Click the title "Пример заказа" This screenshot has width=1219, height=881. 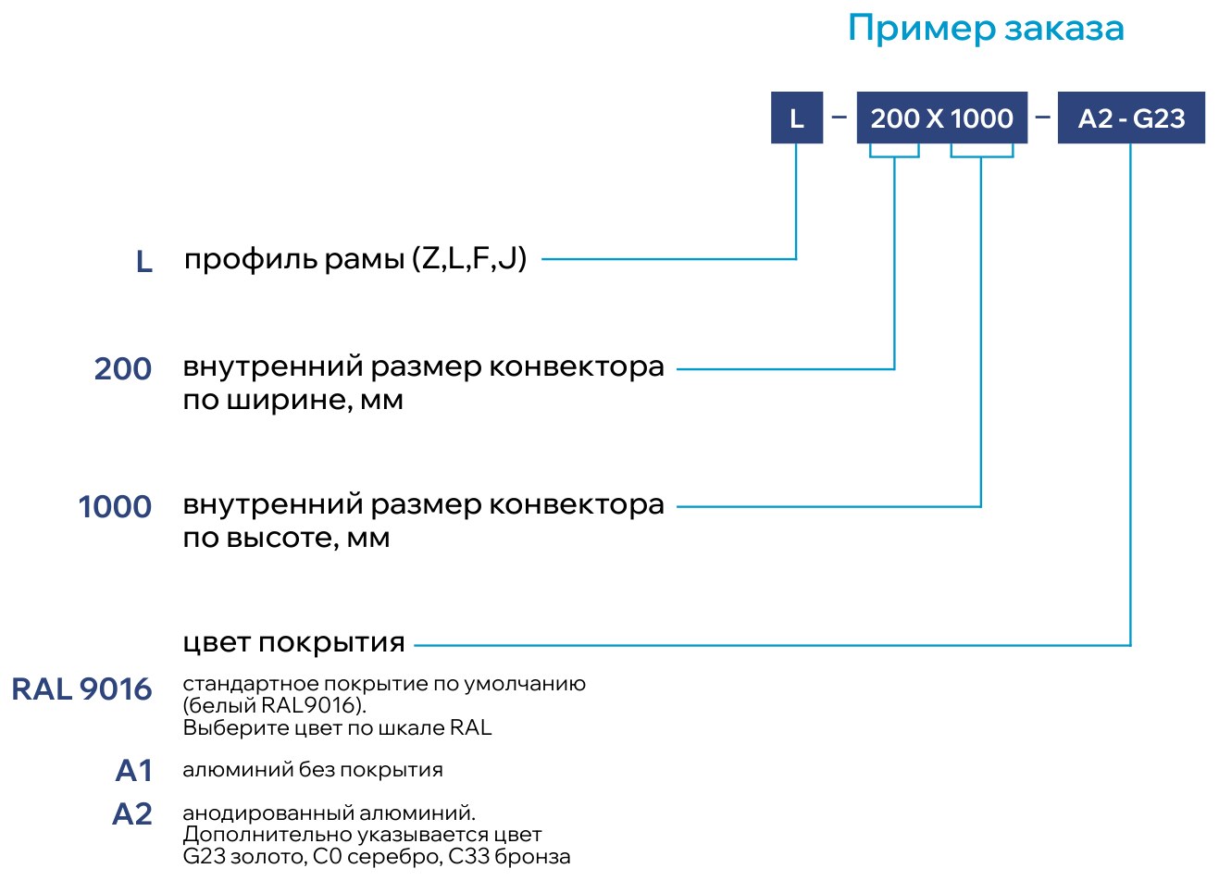pyautogui.click(x=986, y=29)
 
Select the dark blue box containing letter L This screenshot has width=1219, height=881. pyautogui.click(x=797, y=118)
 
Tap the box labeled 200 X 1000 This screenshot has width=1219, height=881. pyautogui.click(x=942, y=118)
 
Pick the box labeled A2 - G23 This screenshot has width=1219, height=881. pyautogui.click(x=1131, y=118)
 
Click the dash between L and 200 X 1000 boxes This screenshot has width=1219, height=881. pyautogui.click(x=840, y=117)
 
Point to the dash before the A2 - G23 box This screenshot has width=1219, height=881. pyautogui.click(x=1042, y=117)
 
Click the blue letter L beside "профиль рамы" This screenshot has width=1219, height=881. pyautogui.click(x=144, y=262)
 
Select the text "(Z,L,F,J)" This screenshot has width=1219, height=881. pyautogui.click(x=469, y=259)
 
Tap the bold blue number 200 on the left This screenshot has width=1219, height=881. pyautogui.click(x=123, y=369)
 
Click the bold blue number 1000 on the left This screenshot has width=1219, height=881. pyautogui.click(x=115, y=506)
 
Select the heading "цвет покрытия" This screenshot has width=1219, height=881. pyautogui.click(x=293, y=643)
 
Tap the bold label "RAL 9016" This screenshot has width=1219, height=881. pyautogui.click(x=81, y=689)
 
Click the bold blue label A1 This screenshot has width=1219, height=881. pyautogui.click(x=133, y=771)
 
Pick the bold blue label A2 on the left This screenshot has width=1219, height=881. pyautogui.click(x=131, y=814)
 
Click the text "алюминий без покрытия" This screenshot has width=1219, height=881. pyautogui.click(x=313, y=770)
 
